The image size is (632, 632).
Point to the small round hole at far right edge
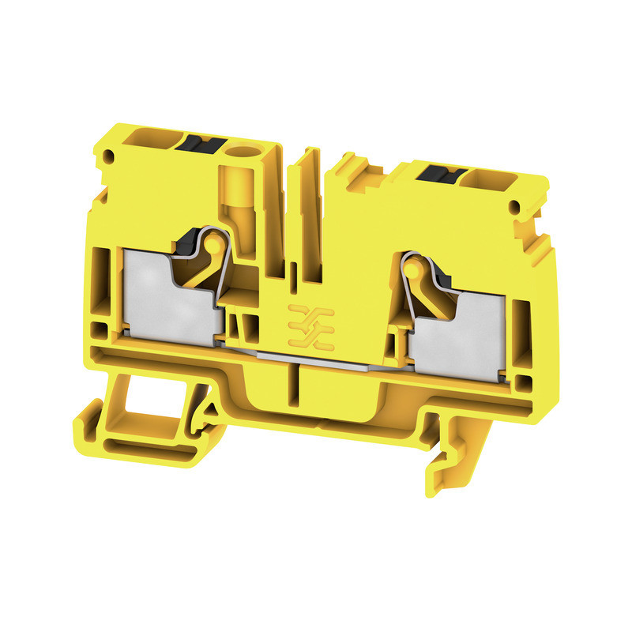click(x=515, y=207)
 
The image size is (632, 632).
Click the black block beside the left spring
click(x=193, y=237)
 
